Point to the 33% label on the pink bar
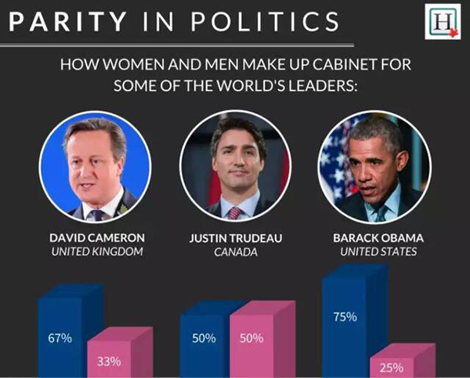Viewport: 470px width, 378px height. pos(108,362)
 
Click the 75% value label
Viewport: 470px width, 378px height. pos(344,317)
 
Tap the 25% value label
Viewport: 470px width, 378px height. pos(391,366)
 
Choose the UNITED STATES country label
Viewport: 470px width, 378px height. pos(371,252)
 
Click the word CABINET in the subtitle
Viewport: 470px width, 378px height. pos(340,63)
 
